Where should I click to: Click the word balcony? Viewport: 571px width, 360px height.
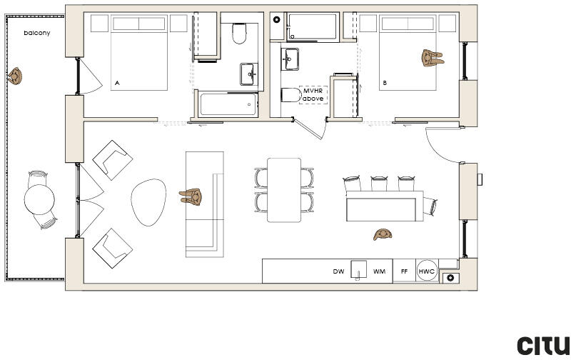tap(36, 34)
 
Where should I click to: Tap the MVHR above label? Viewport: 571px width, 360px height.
tap(313, 94)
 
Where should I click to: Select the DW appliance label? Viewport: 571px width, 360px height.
tap(338, 272)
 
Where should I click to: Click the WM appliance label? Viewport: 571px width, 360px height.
tap(379, 272)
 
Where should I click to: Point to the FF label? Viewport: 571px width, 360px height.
tap(404, 272)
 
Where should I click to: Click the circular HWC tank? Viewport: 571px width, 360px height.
tap(427, 271)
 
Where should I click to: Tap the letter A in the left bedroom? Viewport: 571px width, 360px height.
tap(117, 84)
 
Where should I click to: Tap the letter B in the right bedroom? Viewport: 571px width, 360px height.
tap(385, 84)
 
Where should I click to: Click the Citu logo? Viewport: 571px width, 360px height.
tap(543, 345)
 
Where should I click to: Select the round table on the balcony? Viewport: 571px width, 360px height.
tap(40, 197)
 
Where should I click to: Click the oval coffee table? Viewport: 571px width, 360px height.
tap(148, 202)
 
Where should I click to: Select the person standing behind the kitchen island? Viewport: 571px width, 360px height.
tap(383, 234)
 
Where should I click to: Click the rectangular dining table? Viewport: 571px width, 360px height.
tap(284, 190)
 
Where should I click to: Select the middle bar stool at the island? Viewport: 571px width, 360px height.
tap(380, 183)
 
